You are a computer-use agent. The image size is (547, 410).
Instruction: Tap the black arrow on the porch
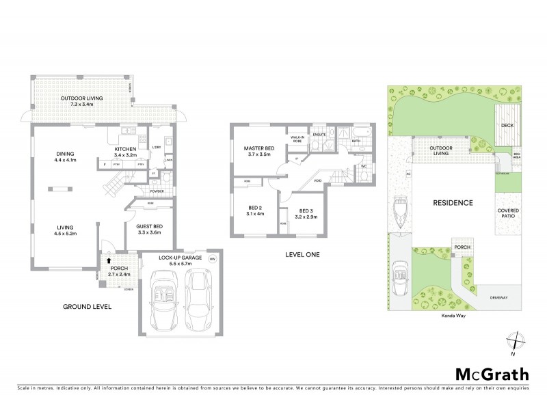coord(109,261)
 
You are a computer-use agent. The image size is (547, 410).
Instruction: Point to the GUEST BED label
coord(149,226)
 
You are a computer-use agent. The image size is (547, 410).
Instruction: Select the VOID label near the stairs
coord(318,181)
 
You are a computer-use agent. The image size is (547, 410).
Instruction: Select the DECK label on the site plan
coord(507,125)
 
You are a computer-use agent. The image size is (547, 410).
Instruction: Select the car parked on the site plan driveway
coord(399,280)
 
